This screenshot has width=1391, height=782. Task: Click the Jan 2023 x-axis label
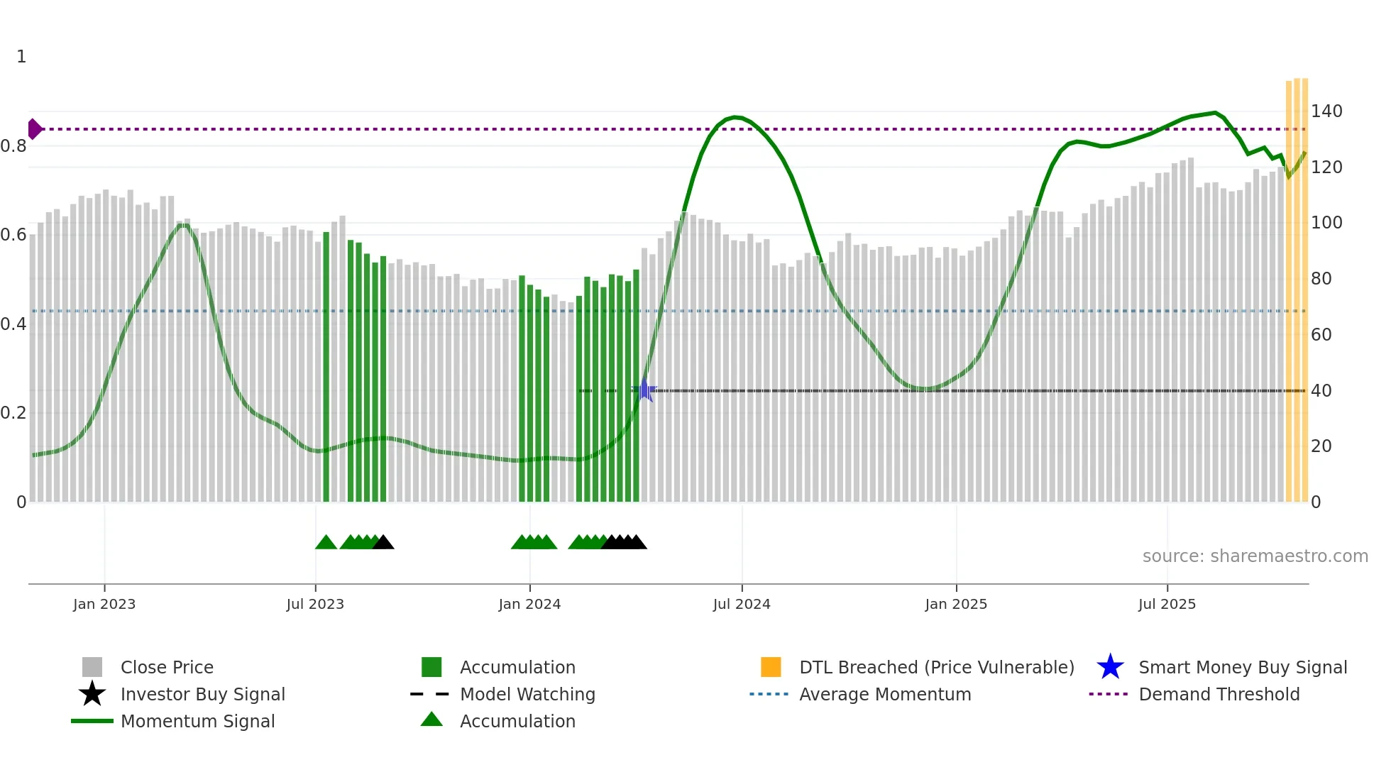coord(104,604)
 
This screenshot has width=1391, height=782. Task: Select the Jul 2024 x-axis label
coord(742,604)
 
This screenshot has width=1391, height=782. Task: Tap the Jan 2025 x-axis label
coord(956,604)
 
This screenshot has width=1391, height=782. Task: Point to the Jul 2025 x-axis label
coord(1167,604)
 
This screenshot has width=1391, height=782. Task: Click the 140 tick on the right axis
coord(1326,111)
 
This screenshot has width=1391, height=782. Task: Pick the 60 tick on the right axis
coord(1321,334)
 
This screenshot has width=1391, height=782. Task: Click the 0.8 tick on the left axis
coord(13,146)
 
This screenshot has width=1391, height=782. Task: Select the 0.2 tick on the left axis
coord(13,413)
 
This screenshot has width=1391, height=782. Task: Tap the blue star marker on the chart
coord(644,390)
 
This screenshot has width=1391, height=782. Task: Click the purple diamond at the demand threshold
coord(34,129)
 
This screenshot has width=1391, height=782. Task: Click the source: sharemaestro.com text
coord(1255,556)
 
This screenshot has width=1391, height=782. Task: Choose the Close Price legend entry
coord(167,667)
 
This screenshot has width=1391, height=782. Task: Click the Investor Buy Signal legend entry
coord(202,694)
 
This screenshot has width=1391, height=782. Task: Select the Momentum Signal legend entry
coord(197,721)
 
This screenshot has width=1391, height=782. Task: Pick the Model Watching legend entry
coord(527,694)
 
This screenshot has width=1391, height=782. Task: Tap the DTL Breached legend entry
coord(936,667)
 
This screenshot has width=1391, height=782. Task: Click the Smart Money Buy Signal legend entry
coord(1243,667)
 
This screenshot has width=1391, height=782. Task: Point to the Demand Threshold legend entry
coord(1219,694)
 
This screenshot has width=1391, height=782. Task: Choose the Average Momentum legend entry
coord(885,694)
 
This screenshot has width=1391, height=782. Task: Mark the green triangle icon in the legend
coord(431,720)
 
